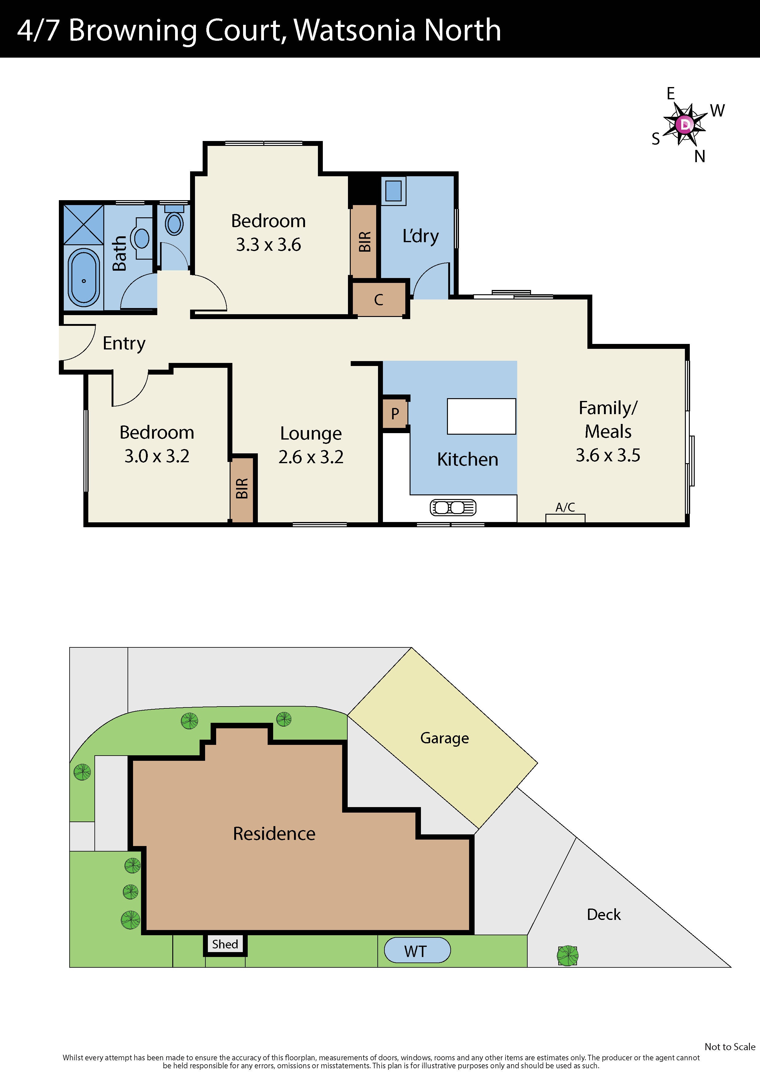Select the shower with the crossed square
pyautogui.click(x=83, y=224)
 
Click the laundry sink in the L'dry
pyautogui.click(x=393, y=191)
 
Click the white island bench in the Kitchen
pyautogui.click(x=481, y=416)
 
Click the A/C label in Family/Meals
pyautogui.click(x=565, y=507)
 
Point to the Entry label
pyautogui.click(x=124, y=343)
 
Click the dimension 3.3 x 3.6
pyautogui.click(x=268, y=244)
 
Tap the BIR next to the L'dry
pyautogui.click(x=364, y=241)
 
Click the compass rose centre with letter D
pyautogui.click(x=685, y=124)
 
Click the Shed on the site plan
pyautogui.click(x=225, y=944)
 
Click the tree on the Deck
pyautogui.click(x=567, y=955)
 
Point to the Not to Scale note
pyautogui.click(x=730, y=1046)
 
